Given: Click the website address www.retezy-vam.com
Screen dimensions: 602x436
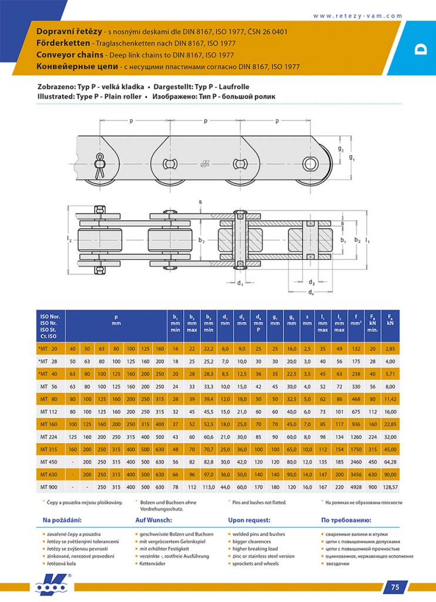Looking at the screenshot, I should (357, 16).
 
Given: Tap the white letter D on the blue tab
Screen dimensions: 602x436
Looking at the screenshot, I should (420, 49).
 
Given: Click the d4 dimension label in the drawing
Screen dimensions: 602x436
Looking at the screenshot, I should (311, 293).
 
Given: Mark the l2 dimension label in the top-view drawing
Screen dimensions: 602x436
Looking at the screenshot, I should (69, 239).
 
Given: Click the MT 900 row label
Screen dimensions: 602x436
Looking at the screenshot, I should (48, 487).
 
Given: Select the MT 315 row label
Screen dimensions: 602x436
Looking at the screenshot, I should (48, 450).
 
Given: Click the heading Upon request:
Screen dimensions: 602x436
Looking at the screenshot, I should (249, 520).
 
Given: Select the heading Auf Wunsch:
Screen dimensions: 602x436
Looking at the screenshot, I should (153, 520).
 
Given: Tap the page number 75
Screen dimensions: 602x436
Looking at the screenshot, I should (395, 587).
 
